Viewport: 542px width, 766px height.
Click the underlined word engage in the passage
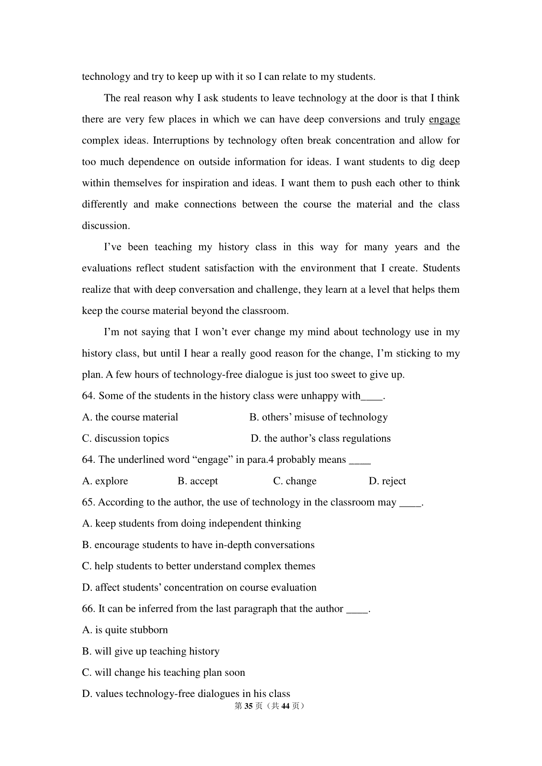click(444, 120)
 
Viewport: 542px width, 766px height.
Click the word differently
click(104, 204)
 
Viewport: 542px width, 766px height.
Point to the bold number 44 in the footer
click(285, 706)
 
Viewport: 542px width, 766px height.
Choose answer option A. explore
click(105, 481)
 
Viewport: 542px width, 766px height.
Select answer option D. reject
click(387, 481)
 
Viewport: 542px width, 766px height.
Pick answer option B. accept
click(198, 481)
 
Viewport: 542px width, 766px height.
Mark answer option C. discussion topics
click(126, 438)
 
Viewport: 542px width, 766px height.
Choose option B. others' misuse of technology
click(318, 417)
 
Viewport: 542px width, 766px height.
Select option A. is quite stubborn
click(125, 630)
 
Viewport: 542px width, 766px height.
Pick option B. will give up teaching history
click(151, 651)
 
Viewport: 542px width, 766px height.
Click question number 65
click(89, 503)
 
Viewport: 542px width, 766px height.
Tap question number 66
click(89, 609)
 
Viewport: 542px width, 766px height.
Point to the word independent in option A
click(235, 524)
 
